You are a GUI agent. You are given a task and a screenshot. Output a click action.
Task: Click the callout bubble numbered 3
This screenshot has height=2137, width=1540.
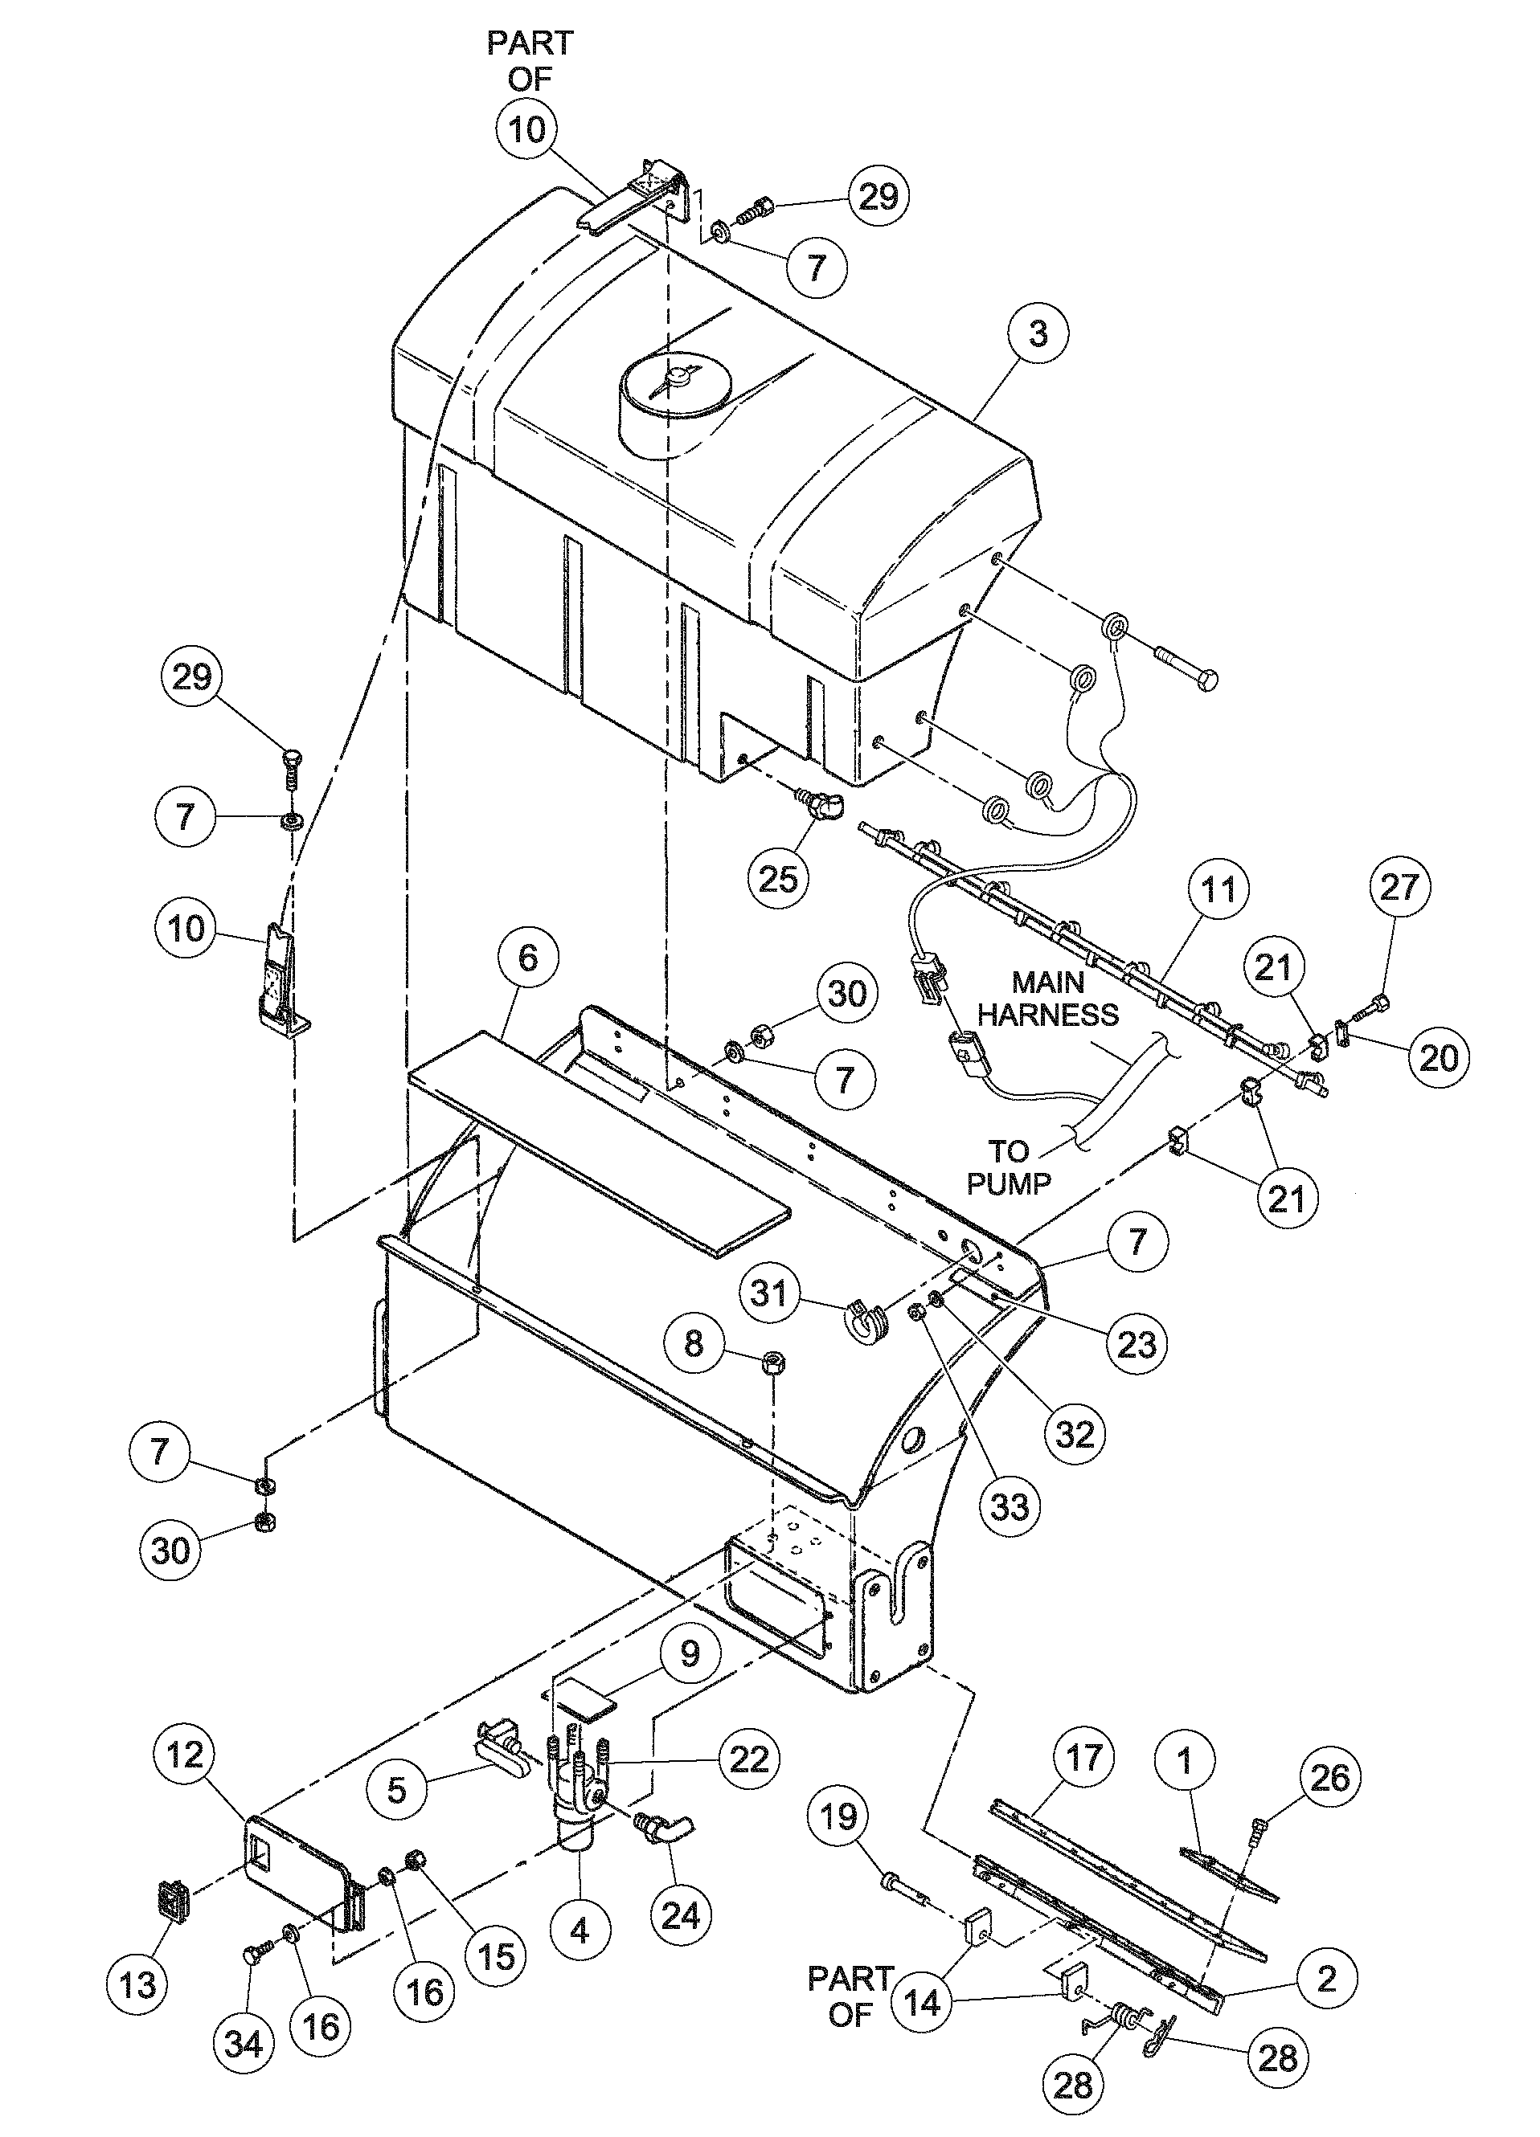1038,334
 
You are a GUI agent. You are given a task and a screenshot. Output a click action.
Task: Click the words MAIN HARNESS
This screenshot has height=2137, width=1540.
1047,999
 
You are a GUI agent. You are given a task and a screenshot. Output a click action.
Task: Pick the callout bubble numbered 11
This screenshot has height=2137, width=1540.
1218,889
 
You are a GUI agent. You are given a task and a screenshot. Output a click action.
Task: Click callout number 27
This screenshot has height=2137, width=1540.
1399,887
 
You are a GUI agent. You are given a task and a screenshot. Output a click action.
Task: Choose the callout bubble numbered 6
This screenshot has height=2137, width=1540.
528,958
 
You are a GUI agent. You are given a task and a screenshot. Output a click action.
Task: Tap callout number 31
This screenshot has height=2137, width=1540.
769,1292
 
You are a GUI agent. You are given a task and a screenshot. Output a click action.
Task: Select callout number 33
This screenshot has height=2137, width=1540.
1010,1506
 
